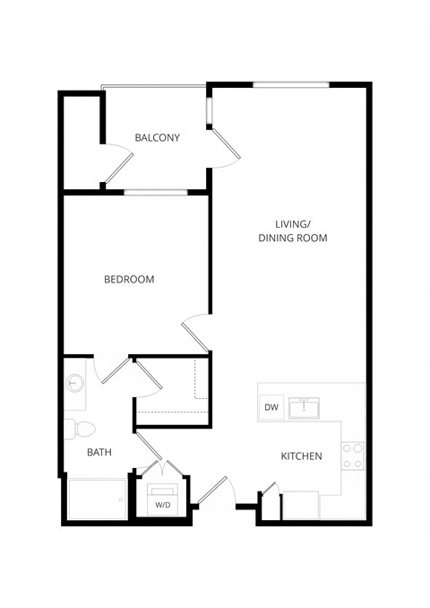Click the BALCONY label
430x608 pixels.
click(157, 138)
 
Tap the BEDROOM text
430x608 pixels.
click(129, 280)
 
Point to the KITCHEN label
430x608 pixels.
click(301, 456)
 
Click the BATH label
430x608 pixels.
click(99, 453)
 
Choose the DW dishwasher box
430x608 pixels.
click(271, 408)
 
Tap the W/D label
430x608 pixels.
click(163, 505)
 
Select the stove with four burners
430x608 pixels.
click(353, 456)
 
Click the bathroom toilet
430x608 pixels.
click(75, 428)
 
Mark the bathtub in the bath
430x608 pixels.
click(97, 499)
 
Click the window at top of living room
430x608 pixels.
click(291, 85)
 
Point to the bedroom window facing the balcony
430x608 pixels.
click(155, 192)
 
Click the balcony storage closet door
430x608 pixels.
click(118, 166)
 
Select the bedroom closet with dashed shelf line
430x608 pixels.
click(172, 390)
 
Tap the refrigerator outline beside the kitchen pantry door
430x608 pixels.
click(300, 505)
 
